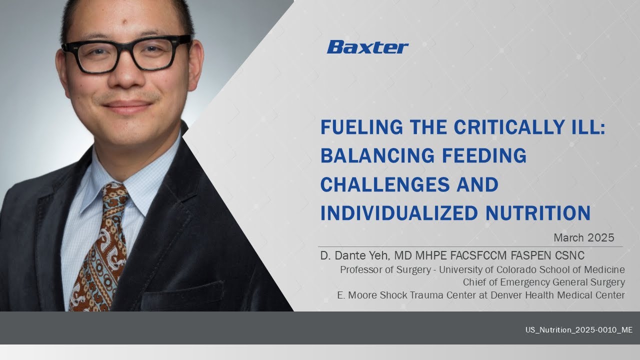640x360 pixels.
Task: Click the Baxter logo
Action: click(x=367, y=47)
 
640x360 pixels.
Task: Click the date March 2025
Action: click(x=583, y=237)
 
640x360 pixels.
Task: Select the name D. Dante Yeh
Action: click(x=355, y=255)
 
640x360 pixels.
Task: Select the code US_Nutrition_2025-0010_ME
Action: click(x=578, y=330)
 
